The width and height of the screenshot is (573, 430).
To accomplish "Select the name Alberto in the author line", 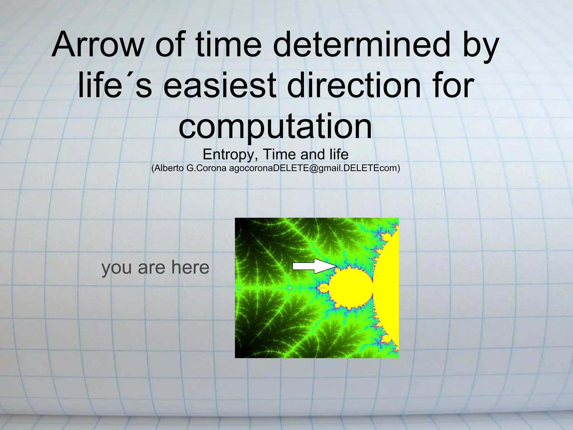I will (x=169, y=168).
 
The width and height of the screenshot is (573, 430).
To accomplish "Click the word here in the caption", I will (x=190, y=267).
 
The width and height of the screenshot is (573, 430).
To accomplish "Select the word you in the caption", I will (x=117, y=268).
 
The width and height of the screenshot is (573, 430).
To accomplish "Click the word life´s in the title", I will (x=115, y=85).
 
